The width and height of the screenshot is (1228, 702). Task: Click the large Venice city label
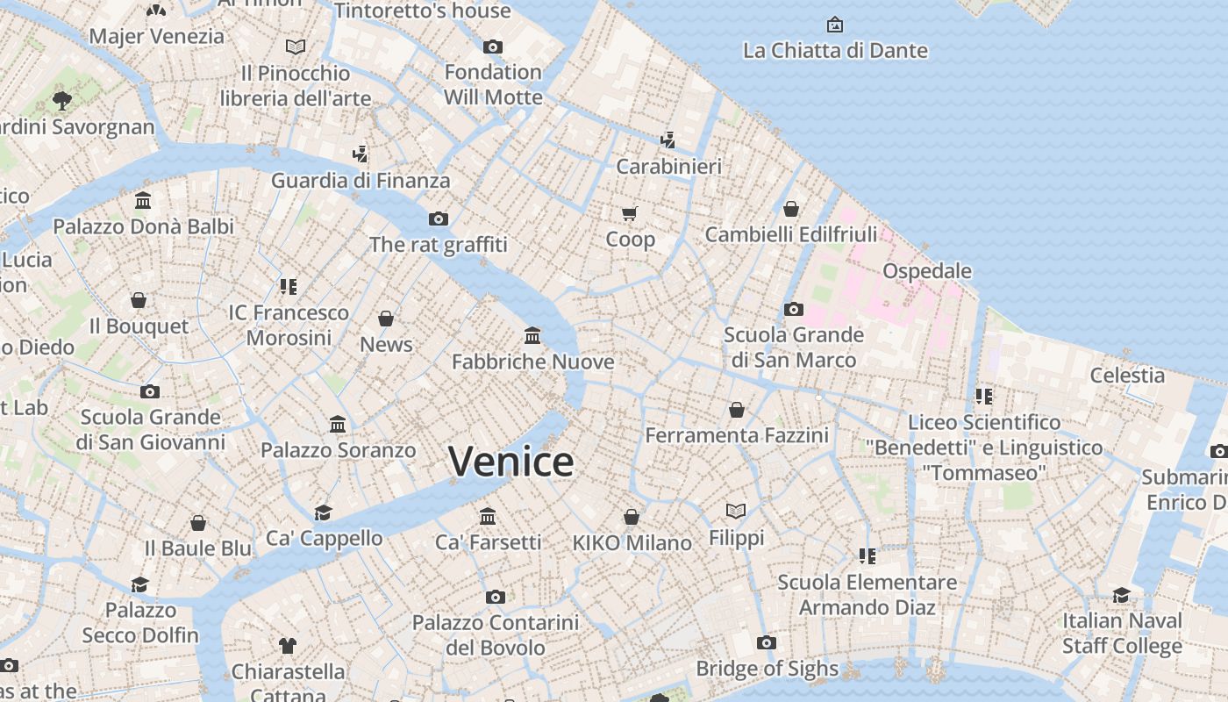[511, 462]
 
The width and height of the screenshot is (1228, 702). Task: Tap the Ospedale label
[927, 270]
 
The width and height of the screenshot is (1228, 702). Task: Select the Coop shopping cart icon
[629, 213]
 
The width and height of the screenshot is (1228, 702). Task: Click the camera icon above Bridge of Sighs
[766, 642]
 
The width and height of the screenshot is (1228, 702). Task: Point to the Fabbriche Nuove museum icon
[532, 335]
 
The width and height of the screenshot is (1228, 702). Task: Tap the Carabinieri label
[668, 166]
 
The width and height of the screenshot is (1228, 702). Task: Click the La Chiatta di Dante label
[835, 50]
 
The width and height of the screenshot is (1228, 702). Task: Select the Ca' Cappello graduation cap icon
[324, 512]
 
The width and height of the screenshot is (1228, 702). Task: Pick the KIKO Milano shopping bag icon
[632, 517]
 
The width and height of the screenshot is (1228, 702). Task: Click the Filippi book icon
[736, 511]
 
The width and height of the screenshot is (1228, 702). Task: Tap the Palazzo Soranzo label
[338, 450]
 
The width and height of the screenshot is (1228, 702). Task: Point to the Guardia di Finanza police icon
[360, 154]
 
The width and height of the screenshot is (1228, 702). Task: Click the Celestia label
[1127, 376]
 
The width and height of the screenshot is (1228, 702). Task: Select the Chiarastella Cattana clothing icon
[288, 646]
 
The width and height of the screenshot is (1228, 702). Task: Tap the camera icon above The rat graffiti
[439, 218]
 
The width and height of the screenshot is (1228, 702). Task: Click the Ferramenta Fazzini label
[737, 435]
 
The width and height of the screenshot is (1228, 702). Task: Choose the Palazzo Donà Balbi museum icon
[143, 201]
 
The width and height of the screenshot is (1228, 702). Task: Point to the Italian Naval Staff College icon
[1122, 596]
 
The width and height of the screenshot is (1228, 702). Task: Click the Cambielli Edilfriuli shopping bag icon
[791, 209]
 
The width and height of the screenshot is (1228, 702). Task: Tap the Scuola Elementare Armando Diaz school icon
[867, 555]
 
